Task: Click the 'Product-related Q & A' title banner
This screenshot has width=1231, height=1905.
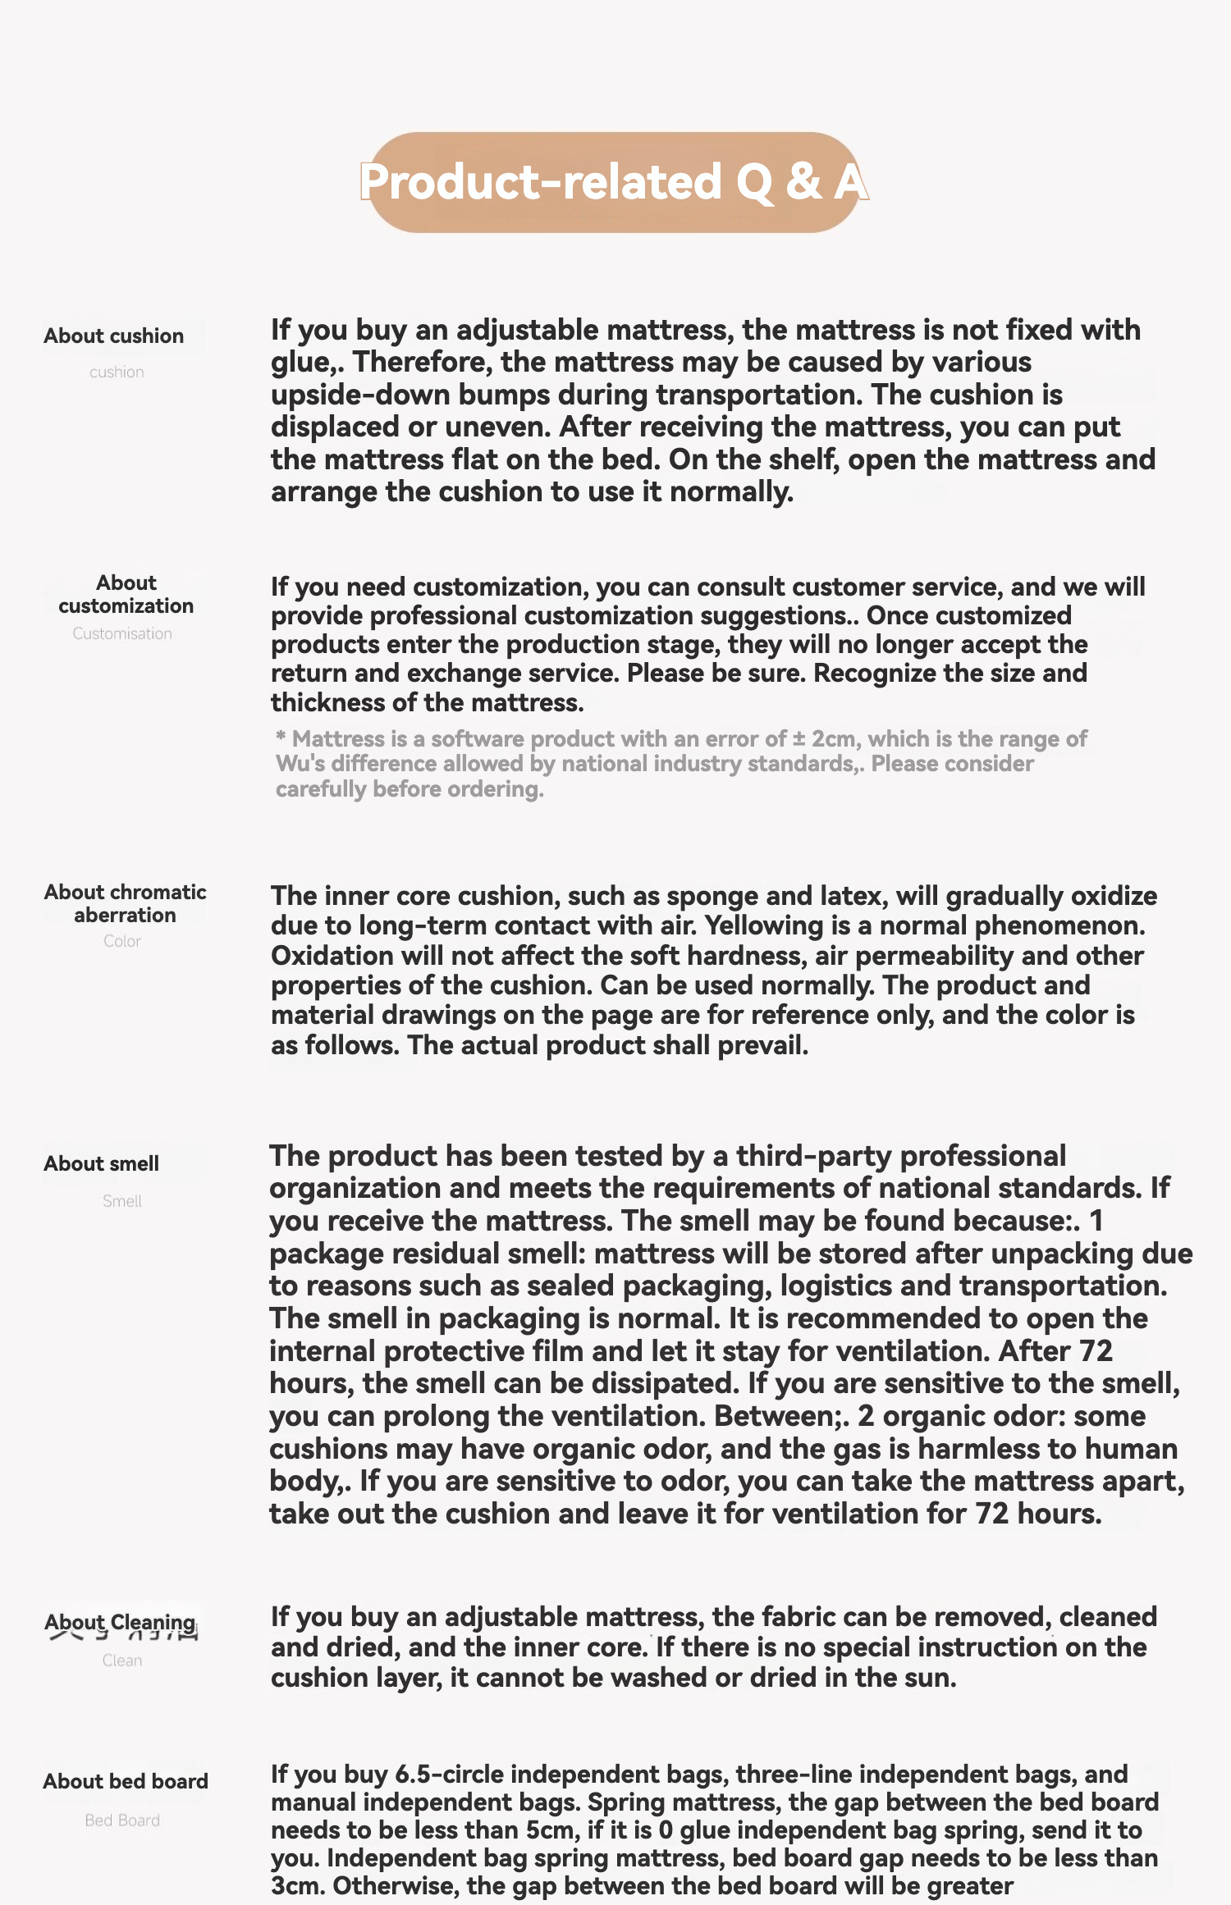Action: coord(614,182)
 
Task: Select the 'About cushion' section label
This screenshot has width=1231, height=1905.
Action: coord(114,336)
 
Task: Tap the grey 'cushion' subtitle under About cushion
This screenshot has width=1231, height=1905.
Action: coord(117,372)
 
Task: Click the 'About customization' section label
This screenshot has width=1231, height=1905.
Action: coord(126,594)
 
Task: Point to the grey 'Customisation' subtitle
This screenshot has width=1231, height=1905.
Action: coord(122,633)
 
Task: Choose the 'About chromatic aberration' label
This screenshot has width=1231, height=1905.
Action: coord(125,903)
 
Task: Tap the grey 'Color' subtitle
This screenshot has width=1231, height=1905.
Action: coord(122,941)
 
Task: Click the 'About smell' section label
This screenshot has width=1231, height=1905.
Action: coord(102,1163)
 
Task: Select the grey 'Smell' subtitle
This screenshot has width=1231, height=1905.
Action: coord(122,1201)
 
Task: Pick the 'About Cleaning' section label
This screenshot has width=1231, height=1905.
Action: coord(120,1622)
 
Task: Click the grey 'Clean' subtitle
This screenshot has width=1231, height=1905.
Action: coord(122,1661)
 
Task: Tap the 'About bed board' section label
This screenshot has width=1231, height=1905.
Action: coord(126,1781)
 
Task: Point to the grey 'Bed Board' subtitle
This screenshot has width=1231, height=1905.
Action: coord(122,1820)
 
